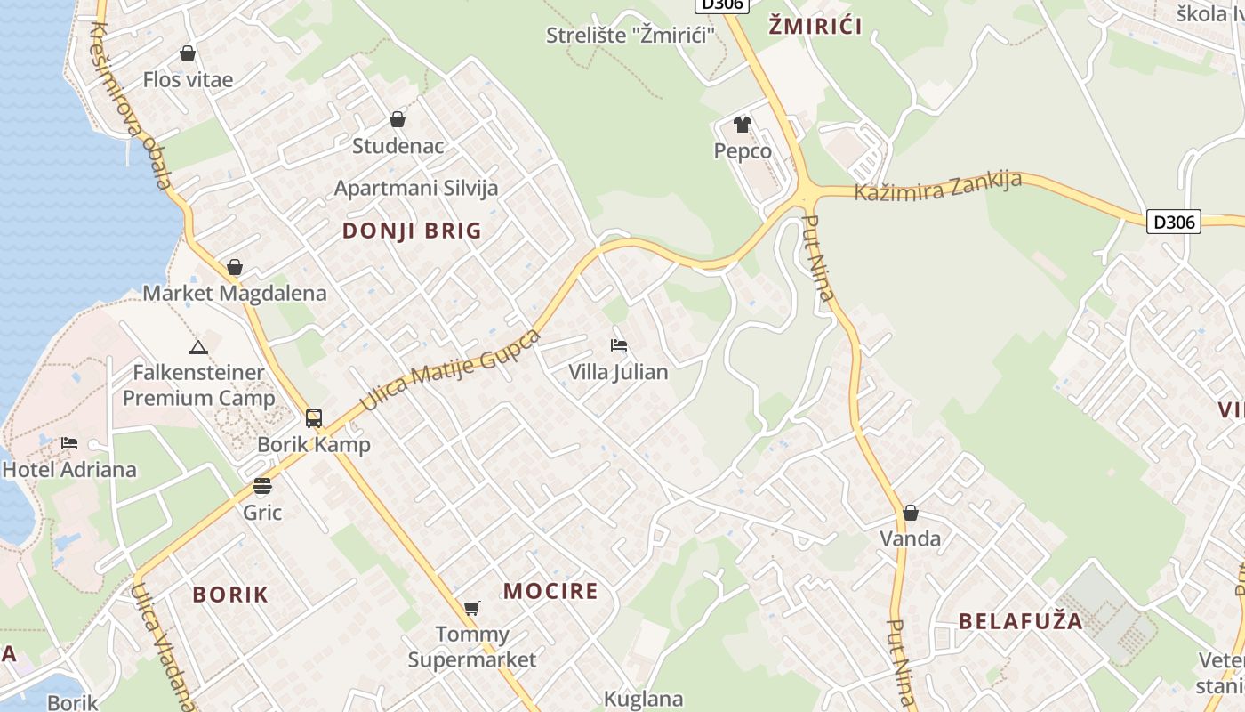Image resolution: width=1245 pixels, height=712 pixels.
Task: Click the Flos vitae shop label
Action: [x=188, y=80]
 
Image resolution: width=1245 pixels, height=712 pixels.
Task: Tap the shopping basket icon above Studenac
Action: [x=398, y=119]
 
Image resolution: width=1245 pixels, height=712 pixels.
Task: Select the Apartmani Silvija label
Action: [x=415, y=189]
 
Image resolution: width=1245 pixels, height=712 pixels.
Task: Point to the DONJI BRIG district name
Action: [x=412, y=231]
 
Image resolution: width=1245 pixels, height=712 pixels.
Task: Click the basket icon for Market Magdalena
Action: [x=235, y=267]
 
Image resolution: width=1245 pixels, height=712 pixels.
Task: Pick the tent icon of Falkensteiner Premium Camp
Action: [x=197, y=346]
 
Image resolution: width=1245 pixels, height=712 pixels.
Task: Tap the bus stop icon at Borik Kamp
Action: [x=314, y=417]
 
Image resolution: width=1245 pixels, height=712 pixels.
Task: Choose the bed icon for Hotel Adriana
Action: [x=69, y=443]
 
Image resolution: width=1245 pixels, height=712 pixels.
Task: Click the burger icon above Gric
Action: [x=261, y=486]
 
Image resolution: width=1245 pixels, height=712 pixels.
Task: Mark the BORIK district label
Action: [x=230, y=595]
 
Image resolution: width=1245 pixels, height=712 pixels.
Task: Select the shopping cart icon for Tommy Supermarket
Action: [x=472, y=609]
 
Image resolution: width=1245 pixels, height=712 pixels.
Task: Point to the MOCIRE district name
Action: [x=550, y=591]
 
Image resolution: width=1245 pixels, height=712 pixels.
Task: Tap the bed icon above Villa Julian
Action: [x=619, y=344]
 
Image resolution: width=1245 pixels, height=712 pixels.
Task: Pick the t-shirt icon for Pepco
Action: [x=743, y=125]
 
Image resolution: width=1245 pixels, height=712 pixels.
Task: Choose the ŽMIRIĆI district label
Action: [x=815, y=26]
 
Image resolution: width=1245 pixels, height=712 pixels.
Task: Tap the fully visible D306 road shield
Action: [x=1174, y=222]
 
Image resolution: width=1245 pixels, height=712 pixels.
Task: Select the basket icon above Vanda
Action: [x=910, y=513]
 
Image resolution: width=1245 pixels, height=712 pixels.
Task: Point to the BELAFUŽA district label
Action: [x=1021, y=621]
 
